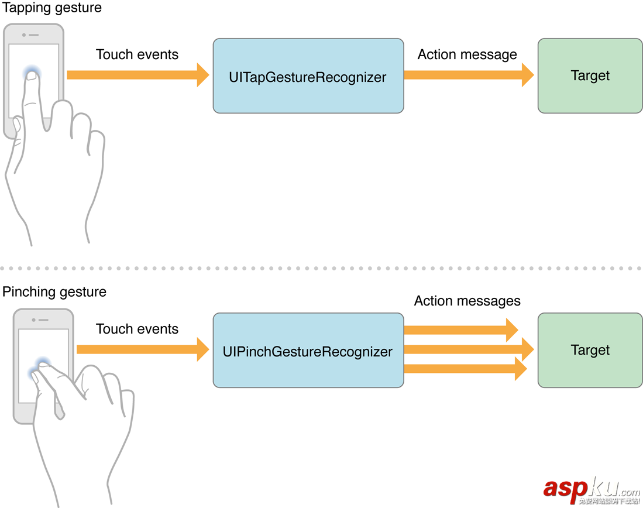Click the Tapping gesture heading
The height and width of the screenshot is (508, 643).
[x=52, y=8]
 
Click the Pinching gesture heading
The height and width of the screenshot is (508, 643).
[x=54, y=291]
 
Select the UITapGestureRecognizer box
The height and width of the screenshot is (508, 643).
[x=308, y=76]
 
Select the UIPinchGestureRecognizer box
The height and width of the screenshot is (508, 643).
[x=308, y=351]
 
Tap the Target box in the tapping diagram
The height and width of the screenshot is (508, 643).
[x=590, y=76]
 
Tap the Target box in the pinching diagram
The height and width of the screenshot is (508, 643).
[x=590, y=350]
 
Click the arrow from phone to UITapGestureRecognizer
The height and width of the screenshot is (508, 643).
[x=137, y=75]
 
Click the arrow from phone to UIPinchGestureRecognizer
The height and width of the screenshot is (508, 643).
[x=142, y=349]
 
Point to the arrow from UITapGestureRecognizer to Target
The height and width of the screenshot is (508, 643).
[x=468, y=75]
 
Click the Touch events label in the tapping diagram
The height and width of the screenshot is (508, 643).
[x=137, y=54]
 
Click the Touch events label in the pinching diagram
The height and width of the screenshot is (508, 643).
[x=137, y=329]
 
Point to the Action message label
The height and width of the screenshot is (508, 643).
[x=467, y=54]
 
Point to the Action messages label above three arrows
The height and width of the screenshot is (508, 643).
[x=467, y=301]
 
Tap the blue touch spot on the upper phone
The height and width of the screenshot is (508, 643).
[x=32, y=73]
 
